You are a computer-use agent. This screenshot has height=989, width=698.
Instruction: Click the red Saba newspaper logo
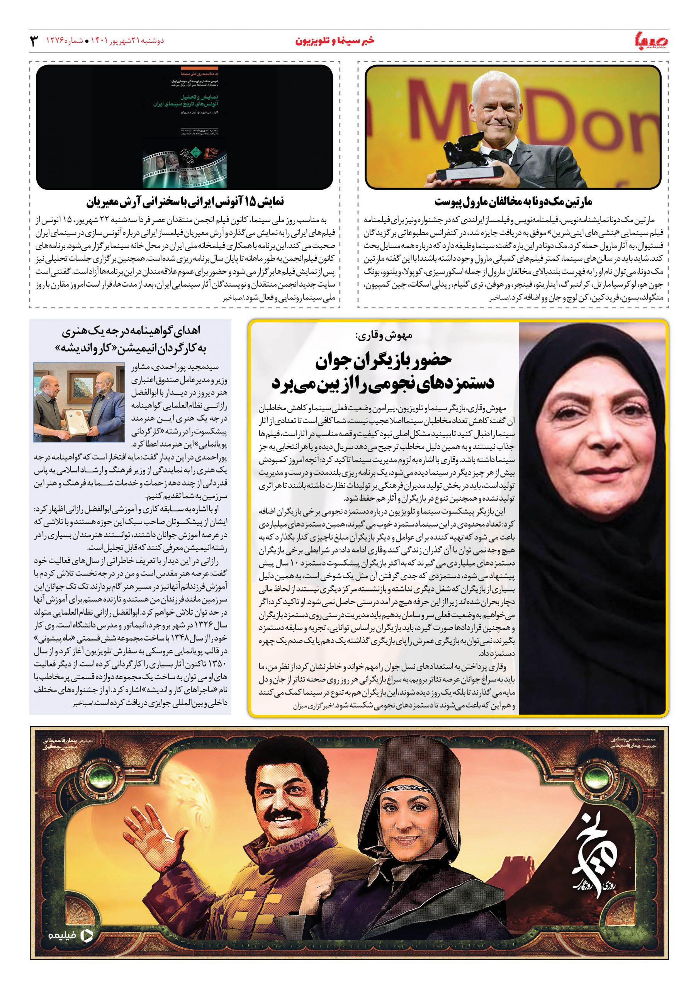coord(650,41)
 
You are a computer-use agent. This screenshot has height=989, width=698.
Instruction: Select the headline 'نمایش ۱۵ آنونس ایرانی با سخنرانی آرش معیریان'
coord(185,202)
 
